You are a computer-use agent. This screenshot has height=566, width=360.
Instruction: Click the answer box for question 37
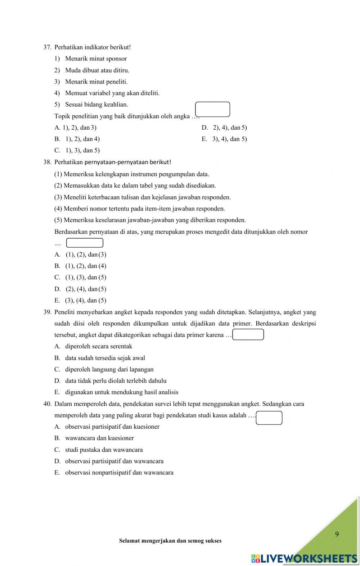(212, 110)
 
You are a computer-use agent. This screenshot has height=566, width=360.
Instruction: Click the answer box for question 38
(85, 243)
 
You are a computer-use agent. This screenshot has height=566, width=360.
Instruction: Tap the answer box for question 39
(248, 335)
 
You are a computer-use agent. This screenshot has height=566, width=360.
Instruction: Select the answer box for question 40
(269, 418)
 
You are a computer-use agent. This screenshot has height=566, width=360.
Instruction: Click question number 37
(48, 47)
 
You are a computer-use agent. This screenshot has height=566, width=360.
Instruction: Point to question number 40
(48, 404)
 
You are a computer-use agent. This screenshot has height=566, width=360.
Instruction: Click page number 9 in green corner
(337, 534)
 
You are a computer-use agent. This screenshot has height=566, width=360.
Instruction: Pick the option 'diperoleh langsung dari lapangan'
(109, 369)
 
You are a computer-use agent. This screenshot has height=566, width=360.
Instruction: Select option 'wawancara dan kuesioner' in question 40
(99, 438)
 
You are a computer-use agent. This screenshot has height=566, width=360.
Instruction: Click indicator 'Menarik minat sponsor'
(96, 59)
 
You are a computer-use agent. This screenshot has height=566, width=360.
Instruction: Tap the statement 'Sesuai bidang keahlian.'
(96, 104)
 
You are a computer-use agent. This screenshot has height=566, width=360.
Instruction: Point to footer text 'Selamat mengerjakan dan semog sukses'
(170, 541)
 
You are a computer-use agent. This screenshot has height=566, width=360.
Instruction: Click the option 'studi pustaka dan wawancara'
(104, 450)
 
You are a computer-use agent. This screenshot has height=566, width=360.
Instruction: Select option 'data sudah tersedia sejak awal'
(105, 358)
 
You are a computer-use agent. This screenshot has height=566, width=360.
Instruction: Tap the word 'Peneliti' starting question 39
(64, 312)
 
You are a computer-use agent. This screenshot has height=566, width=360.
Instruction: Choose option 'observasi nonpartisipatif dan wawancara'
(119, 473)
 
